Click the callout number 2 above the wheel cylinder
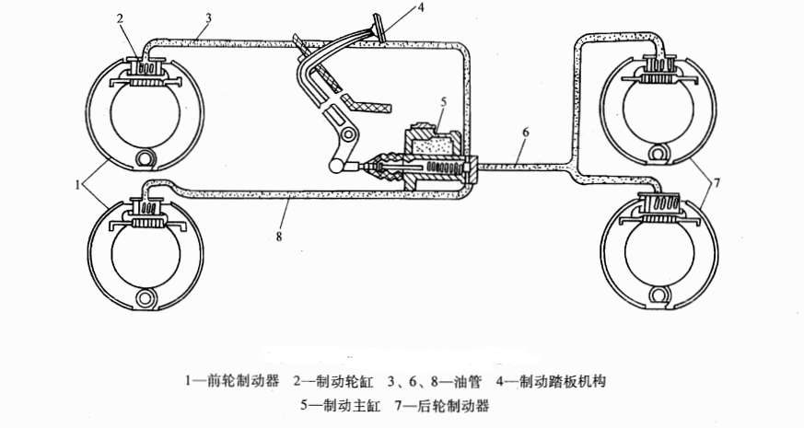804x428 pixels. pos(120,19)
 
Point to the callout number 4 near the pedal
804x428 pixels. pos(421,6)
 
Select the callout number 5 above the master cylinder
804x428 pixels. pos(444,101)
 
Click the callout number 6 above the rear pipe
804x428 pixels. pos(526,133)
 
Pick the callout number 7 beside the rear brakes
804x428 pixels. pos(717,182)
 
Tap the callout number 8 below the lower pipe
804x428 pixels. pos(279,236)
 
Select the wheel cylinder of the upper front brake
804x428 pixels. pos(146,67)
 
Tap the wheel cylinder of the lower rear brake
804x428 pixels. pos(660,204)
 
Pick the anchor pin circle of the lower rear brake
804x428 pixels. pos(658,295)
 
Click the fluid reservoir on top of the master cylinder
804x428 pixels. pos(433,139)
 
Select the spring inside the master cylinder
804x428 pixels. pos(444,167)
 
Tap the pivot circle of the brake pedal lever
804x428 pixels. pos(349,134)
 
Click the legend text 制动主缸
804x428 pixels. pos(352,406)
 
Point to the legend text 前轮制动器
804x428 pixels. pos(245,381)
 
